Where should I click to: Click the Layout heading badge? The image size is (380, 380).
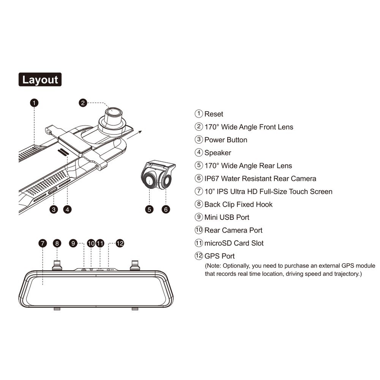40,80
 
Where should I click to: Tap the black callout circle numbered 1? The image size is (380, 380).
35,103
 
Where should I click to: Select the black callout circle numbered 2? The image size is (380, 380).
84,103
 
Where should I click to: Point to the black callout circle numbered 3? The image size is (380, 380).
54,209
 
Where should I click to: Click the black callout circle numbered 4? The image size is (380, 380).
68,209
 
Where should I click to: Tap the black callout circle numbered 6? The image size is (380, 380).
166,209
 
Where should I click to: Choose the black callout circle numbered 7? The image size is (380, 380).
43,243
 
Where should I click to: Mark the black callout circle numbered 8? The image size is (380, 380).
57,243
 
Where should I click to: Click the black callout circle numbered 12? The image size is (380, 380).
120,243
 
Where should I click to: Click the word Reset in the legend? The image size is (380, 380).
214,114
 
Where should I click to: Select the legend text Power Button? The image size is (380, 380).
226,140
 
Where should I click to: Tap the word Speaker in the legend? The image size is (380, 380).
217,153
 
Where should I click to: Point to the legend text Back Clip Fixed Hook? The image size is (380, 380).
238,204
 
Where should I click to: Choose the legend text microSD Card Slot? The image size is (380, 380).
234,243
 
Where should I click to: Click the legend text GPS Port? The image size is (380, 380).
219,256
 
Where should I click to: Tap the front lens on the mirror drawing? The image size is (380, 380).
114,112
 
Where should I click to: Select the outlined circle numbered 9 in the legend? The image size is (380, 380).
199,217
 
